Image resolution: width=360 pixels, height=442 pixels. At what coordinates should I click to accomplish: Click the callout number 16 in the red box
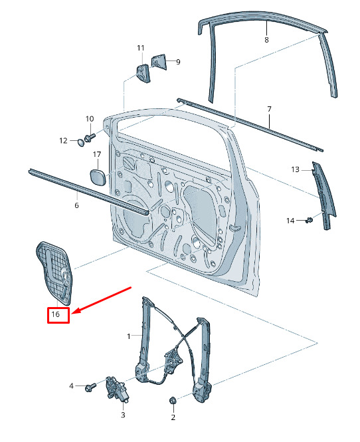click(x=56, y=314)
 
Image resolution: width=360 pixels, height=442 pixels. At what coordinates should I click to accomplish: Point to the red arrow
click(x=102, y=300)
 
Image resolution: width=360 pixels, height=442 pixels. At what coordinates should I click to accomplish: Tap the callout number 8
click(x=266, y=40)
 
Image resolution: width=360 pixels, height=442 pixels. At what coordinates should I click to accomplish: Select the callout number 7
click(x=269, y=109)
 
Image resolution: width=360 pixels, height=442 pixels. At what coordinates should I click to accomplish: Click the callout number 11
click(x=141, y=49)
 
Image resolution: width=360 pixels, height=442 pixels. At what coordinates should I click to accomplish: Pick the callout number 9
click(x=178, y=62)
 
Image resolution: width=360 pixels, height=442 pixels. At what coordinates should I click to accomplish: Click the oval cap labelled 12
click(x=81, y=142)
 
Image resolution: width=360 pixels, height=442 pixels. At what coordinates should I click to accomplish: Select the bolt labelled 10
click(x=90, y=138)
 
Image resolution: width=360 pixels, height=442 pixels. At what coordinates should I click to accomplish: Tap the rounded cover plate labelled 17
click(x=98, y=177)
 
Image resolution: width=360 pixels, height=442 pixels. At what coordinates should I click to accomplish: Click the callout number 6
click(x=76, y=205)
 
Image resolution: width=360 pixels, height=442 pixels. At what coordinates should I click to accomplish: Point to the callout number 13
click(x=295, y=169)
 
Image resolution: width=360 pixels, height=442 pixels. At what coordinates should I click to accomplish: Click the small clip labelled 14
click(x=309, y=220)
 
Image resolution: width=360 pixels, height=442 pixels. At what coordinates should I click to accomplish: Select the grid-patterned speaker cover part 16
click(x=54, y=273)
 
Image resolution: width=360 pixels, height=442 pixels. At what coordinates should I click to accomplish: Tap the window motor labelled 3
click(x=117, y=389)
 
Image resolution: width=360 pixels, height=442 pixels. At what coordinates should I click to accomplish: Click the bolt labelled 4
click(x=90, y=387)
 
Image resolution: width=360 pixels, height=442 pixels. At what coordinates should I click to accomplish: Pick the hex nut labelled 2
click(x=173, y=400)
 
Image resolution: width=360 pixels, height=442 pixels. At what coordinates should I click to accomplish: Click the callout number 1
click(x=129, y=336)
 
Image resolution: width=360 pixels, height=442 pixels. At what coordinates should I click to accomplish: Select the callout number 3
click(x=123, y=415)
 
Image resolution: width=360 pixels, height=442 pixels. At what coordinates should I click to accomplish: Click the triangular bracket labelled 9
click(x=159, y=62)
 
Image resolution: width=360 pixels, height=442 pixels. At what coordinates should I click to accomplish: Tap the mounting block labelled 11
click(x=143, y=73)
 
